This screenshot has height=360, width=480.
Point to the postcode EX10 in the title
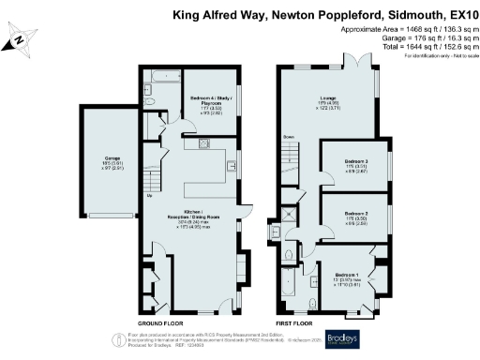(x=460, y=15)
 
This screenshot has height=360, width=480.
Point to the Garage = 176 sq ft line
(x=411, y=39)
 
